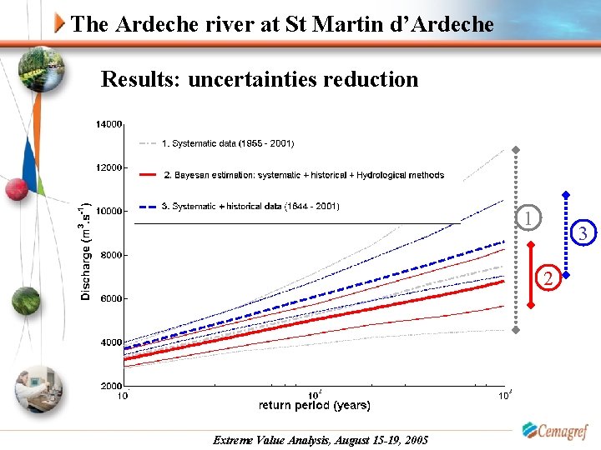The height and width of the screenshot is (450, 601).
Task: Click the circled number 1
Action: (x=528, y=218)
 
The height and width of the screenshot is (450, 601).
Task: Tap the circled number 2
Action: (x=548, y=277)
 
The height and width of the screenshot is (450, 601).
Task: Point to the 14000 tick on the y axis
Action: (x=109, y=124)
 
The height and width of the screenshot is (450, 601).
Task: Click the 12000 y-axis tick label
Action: (x=109, y=167)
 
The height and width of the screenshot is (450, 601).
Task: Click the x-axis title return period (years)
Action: (x=314, y=406)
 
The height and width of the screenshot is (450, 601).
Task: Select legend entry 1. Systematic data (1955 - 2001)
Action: (x=227, y=143)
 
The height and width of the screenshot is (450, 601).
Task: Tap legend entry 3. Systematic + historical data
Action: (x=250, y=206)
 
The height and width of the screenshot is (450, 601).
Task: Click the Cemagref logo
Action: (x=554, y=431)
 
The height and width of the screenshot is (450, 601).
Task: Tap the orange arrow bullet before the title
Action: (x=58, y=23)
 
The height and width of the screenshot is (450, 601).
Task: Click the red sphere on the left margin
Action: (x=17, y=190)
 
